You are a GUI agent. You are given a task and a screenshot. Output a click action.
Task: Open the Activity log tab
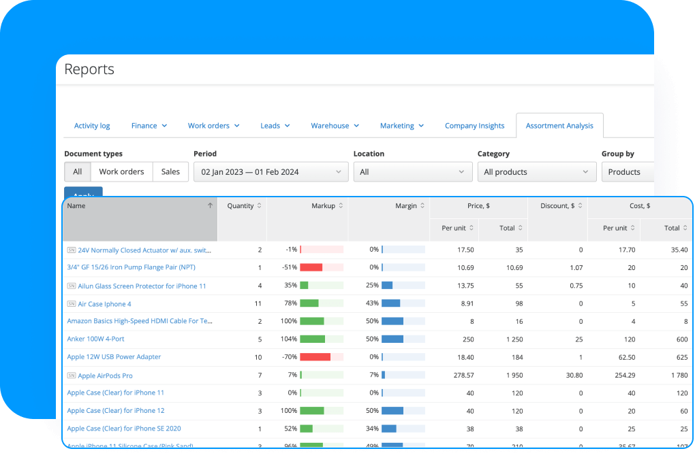[92, 126]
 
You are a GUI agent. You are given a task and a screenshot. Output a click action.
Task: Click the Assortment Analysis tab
[559, 126]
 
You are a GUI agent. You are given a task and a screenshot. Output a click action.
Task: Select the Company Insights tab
[474, 126]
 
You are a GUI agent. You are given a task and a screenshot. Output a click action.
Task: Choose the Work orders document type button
[121, 172]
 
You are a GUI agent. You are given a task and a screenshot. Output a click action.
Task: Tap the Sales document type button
[170, 172]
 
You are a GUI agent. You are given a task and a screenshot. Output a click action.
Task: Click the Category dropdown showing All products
[537, 172]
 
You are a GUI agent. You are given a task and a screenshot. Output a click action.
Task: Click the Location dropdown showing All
[412, 172]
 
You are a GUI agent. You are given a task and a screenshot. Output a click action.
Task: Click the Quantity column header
[241, 206]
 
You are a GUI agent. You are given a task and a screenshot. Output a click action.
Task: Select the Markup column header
[324, 206]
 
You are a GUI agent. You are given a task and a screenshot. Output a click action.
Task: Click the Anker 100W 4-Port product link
[95, 339]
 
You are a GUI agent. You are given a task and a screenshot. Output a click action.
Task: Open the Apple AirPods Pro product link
[105, 375]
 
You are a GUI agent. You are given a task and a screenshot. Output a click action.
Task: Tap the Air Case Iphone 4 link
[104, 304]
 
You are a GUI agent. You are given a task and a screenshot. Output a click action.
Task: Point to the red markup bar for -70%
[315, 357]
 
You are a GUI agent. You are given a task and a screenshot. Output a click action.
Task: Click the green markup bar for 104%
[312, 339]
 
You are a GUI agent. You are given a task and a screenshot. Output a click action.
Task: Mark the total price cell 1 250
[512, 339]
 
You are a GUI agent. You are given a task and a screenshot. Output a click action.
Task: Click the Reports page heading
[89, 69]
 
